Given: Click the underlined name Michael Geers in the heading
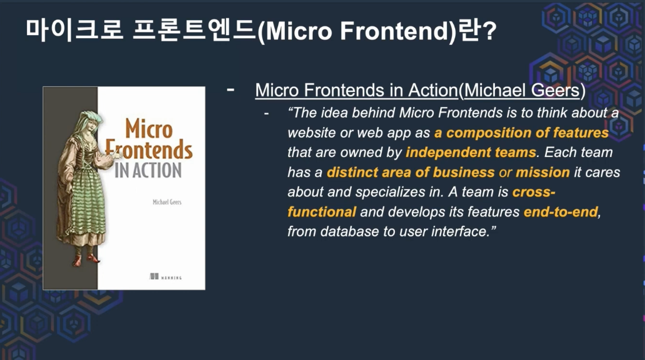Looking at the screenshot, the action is coord(522,90).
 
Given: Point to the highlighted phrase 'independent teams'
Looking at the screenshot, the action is coord(471,152).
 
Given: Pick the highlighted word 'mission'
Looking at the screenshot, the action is coord(543,172).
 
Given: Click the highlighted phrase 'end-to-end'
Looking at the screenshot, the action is coord(561,212).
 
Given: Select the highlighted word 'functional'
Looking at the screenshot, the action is coord(321,212).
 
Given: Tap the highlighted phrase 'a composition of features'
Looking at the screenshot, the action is coord(521,133).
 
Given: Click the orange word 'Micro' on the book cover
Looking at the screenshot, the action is coord(149,129).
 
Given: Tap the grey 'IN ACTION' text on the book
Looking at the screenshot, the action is coord(148,171).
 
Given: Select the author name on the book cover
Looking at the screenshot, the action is coord(167,202).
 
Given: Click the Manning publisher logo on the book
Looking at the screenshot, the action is coord(166,277).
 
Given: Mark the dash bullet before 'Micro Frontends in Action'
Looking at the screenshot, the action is coord(230,90).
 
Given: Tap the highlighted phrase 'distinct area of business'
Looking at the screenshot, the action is coord(411,172).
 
